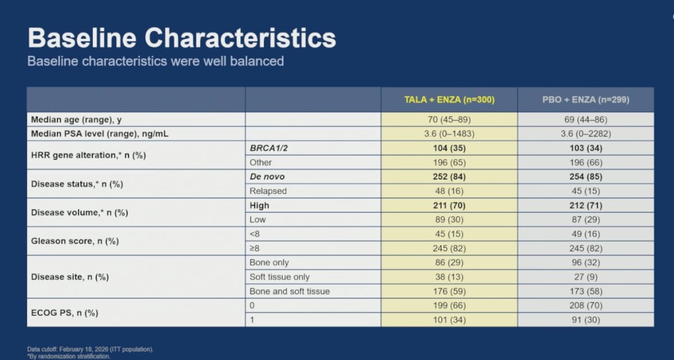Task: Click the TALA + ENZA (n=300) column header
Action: [449, 99]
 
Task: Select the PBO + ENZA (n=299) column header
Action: [586, 99]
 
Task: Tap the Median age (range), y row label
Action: [76, 120]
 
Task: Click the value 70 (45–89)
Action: [449, 120]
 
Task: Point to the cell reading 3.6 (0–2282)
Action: [586, 134]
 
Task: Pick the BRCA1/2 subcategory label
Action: [268, 148]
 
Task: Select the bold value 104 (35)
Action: [449, 148]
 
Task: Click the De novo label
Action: [267, 176]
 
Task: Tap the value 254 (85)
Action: [586, 176]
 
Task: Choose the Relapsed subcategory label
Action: [268, 191]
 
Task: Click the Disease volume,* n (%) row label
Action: [80, 213]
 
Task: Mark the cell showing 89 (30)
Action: [449, 220]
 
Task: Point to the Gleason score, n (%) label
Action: [75, 241]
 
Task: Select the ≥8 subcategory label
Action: [254, 248]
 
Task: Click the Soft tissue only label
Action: [280, 277]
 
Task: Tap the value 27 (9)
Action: [586, 277]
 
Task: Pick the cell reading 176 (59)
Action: [449, 291]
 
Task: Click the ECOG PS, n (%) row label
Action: [65, 313]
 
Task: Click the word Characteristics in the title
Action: [240, 38]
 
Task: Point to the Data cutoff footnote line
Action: [90, 349]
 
